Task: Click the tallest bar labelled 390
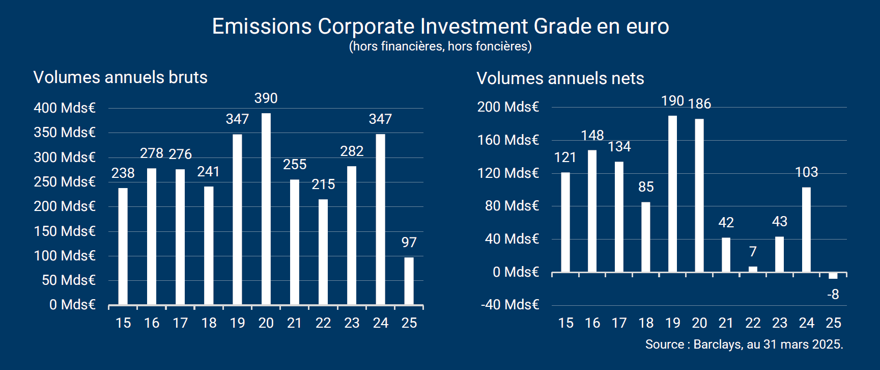266,209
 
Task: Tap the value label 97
409,243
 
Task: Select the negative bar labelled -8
833,276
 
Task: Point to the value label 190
672,101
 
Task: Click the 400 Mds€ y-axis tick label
65,108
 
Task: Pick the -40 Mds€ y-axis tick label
509,305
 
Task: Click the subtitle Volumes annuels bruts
121,77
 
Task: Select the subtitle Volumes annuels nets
560,78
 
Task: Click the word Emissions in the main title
262,27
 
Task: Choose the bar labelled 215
323,252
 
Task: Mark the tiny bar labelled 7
753,269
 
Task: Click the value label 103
806,172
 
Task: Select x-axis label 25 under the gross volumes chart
409,323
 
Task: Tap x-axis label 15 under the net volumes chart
565,323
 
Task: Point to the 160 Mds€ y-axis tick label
508,140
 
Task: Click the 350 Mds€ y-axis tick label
65,133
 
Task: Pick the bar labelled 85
646,237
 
